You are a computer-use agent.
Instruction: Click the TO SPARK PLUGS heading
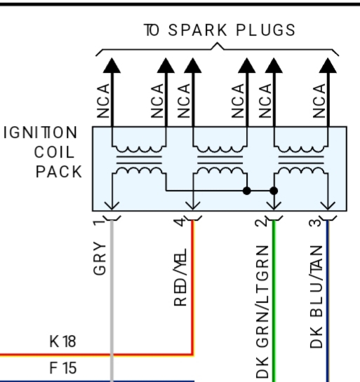[x=220, y=30]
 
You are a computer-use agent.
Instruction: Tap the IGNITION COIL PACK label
[x=44, y=152]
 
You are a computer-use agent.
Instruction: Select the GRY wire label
[x=100, y=258]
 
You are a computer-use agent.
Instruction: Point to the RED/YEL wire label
[x=180, y=278]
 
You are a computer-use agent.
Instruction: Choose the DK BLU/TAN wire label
[x=316, y=296]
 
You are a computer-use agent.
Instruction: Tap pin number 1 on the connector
[x=99, y=223]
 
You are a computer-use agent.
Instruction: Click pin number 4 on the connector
[x=179, y=222]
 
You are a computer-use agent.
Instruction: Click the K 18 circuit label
[x=62, y=341]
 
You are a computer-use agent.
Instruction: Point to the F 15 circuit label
[x=63, y=367]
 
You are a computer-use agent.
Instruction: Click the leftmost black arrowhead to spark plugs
[x=112, y=65]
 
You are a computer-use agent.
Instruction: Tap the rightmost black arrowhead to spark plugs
[x=328, y=65]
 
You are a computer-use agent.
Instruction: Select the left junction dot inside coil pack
[x=247, y=191]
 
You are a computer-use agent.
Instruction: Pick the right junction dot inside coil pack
[x=274, y=191]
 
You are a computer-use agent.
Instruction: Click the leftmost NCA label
[x=103, y=101]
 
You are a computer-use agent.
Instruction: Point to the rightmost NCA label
[x=319, y=101]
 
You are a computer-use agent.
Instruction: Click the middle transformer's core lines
[x=220, y=160]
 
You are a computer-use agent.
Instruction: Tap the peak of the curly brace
[x=217, y=43]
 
